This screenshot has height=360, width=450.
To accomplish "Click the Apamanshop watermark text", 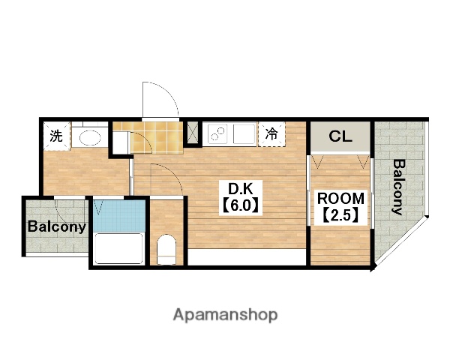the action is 225,315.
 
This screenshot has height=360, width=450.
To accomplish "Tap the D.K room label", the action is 241,189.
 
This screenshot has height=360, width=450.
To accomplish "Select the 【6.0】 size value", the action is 241,205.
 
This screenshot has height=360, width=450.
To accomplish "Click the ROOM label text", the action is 340,198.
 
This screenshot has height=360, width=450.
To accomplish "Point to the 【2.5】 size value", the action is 340,215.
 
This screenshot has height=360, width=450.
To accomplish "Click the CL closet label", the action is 340,136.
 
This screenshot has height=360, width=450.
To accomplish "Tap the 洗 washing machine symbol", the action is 56,136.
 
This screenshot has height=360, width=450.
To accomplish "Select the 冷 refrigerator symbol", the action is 271,134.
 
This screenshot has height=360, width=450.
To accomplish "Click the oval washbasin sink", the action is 90,138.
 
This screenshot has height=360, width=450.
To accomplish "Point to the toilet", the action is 166,249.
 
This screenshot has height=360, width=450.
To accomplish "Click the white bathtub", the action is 118,248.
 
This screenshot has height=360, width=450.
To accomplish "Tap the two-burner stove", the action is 217,134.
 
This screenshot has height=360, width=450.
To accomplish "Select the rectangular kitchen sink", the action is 244,134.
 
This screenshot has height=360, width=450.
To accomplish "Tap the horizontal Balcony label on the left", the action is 57,226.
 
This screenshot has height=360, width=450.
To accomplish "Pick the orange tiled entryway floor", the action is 157,138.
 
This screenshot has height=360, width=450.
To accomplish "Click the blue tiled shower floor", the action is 120,216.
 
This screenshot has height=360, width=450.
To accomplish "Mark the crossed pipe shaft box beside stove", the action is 193,133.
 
